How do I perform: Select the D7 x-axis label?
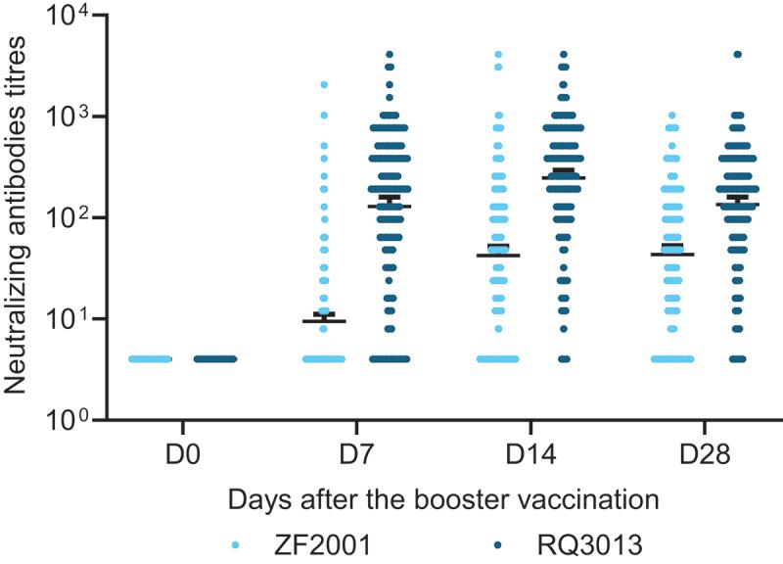356,457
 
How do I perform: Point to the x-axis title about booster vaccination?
441,499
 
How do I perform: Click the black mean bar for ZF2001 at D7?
324,320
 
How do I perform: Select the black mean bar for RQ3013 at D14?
563,177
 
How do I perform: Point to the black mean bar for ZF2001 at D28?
672,255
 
